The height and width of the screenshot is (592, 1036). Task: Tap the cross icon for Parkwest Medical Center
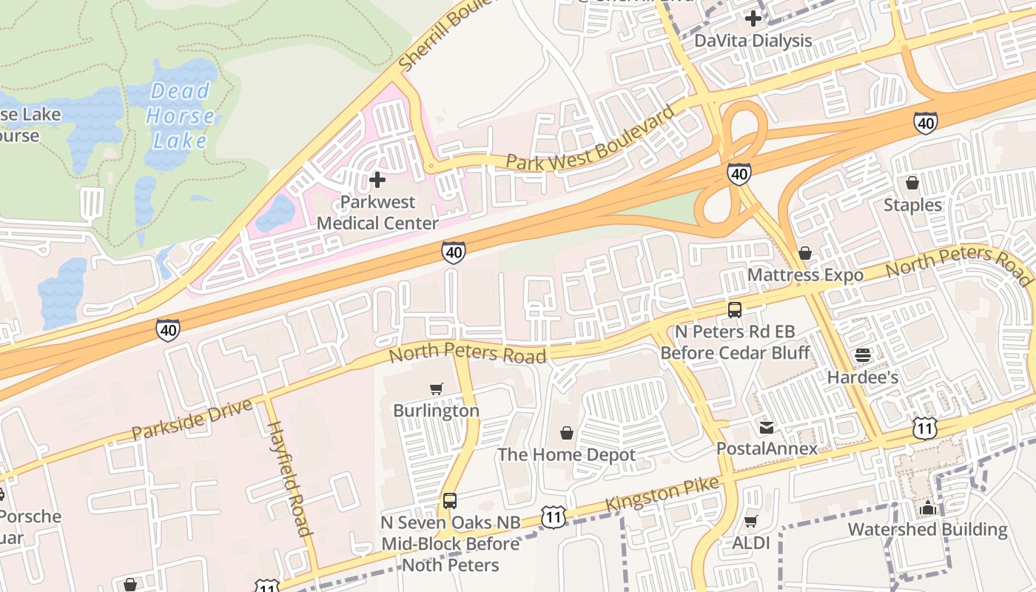point(377,180)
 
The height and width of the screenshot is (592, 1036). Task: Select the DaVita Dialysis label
point(753,41)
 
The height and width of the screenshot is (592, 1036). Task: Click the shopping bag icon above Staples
point(912,183)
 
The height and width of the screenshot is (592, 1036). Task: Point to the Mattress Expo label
point(805,275)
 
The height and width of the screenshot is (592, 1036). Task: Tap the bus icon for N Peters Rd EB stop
point(735,310)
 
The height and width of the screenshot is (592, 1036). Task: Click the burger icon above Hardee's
point(863,355)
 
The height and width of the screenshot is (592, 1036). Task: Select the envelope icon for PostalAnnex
point(767,427)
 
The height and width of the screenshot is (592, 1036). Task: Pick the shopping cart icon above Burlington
point(437,388)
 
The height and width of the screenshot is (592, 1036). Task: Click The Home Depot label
point(566,454)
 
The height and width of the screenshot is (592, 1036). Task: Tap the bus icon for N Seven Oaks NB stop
point(450,501)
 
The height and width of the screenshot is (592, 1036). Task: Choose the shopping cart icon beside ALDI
point(751,522)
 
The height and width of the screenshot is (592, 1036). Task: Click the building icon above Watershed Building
point(927,508)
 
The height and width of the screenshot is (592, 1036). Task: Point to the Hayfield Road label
point(289,478)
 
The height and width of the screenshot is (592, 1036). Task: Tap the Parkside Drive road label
point(192,419)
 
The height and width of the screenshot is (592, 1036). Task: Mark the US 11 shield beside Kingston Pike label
point(554,517)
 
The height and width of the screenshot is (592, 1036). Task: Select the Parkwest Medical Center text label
point(377,212)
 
